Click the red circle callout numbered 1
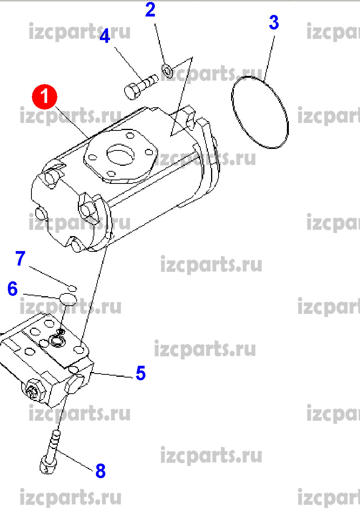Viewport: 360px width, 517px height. click(x=44, y=97)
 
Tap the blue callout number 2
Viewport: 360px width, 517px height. click(x=150, y=10)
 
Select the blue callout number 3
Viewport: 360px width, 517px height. click(x=274, y=22)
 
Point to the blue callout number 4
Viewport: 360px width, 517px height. click(x=105, y=36)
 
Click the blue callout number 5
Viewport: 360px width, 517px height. click(x=141, y=373)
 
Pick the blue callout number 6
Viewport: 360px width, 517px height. click(x=13, y=288)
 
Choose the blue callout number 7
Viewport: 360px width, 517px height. click(x=20, y=258)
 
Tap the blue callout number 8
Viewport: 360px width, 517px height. click(x=101, y=471)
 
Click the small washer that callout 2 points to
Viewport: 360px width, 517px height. click(x=167, y=70)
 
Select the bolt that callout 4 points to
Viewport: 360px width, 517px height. click(x=141, y=87)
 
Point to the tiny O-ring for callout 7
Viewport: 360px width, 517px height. click(x=72, y=288)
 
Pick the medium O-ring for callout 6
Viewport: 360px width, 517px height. click(x=68, y=299)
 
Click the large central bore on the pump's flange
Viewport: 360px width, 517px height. click(x=120, y=154)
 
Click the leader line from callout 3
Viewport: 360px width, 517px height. click(x=269, y=58)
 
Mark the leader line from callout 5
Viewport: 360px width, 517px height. click(x=112, y=375)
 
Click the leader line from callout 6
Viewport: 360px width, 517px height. click(x=42, y=296)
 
